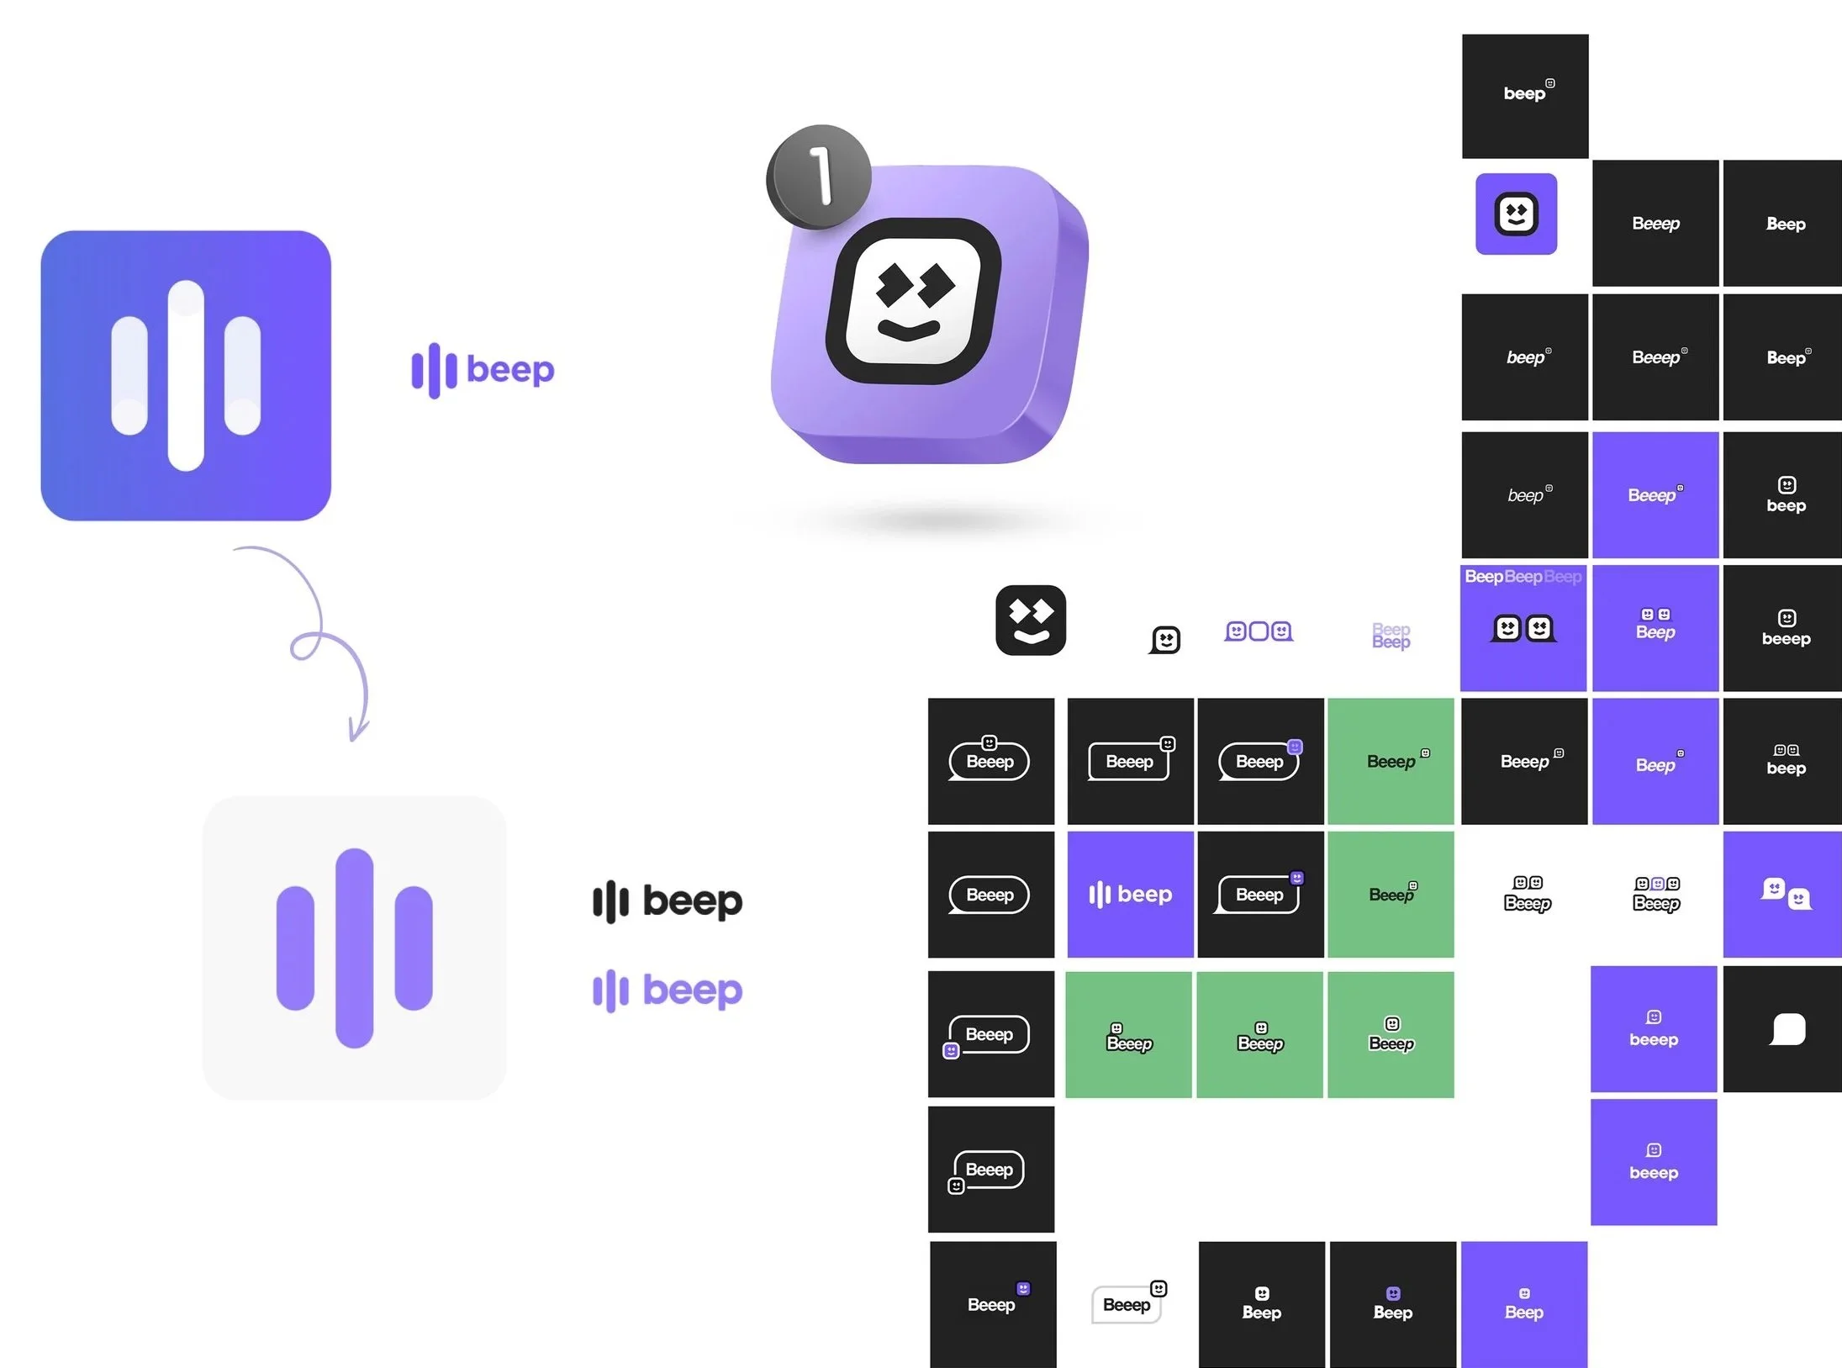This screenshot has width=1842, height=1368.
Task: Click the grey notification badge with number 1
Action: tap(818, 177)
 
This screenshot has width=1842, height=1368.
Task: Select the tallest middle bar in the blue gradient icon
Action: tap(186, 375)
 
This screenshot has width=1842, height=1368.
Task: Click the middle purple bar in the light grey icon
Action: tap(354, 948)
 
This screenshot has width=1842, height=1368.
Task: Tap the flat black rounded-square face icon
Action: tap(1030, 620)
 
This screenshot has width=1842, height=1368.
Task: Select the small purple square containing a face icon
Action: tap(1516, 214)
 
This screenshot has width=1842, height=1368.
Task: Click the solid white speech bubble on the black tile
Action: tap(1787, 1028)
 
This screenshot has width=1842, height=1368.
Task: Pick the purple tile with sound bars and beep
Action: tap(1130, 894)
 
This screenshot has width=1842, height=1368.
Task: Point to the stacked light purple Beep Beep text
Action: tap(1391, 636)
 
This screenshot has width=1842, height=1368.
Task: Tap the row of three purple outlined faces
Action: tap(1259, 631)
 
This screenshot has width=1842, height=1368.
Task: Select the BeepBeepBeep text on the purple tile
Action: tap(1523, 577)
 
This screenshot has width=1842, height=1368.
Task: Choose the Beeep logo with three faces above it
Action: tap(1655, 895)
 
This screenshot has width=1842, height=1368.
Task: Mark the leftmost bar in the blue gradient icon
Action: tap(129, 376)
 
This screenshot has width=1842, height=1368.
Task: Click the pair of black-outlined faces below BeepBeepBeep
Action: tap(1523, 628)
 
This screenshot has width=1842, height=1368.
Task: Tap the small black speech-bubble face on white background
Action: tap(1165, 640)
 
